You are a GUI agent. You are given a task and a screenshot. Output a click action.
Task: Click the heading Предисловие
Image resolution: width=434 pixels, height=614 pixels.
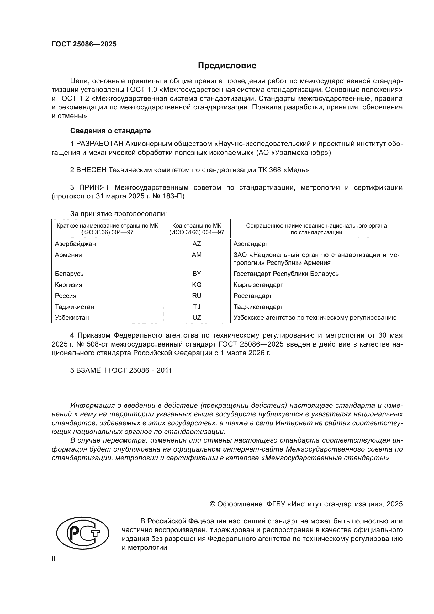tap(227, 66)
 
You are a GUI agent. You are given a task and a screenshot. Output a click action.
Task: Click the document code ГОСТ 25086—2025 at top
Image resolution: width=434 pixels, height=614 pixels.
tap(84, 44)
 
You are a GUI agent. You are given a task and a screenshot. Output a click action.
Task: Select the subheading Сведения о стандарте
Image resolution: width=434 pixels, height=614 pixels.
tap(110, 131)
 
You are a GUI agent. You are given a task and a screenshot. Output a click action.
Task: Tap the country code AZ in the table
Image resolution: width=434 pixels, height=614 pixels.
tap(197, 244)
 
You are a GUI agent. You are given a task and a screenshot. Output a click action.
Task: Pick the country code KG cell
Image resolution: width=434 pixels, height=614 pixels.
tap(197, 285)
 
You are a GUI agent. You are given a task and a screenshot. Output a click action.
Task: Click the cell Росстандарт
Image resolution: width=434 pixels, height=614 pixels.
tap(252, 296)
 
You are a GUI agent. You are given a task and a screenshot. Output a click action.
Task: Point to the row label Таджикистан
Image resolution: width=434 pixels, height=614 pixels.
tap(74, 307)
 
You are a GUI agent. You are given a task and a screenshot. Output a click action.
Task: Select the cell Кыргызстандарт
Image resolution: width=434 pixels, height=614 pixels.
tap(258, 285)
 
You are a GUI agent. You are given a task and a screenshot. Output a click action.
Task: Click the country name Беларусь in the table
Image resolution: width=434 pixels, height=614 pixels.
tap(69, 274)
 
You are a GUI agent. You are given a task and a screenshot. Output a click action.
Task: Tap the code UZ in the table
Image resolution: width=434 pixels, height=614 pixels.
tap(197, 318)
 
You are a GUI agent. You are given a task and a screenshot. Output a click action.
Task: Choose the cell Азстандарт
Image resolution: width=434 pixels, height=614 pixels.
tap(251, 244)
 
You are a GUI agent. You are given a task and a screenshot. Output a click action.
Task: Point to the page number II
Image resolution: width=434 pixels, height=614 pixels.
tap(54, 559)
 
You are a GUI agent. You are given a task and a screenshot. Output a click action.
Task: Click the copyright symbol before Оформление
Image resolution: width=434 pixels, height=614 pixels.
tap(213, 504)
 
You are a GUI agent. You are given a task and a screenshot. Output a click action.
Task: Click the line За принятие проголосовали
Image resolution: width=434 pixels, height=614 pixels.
tap(118, 214)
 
